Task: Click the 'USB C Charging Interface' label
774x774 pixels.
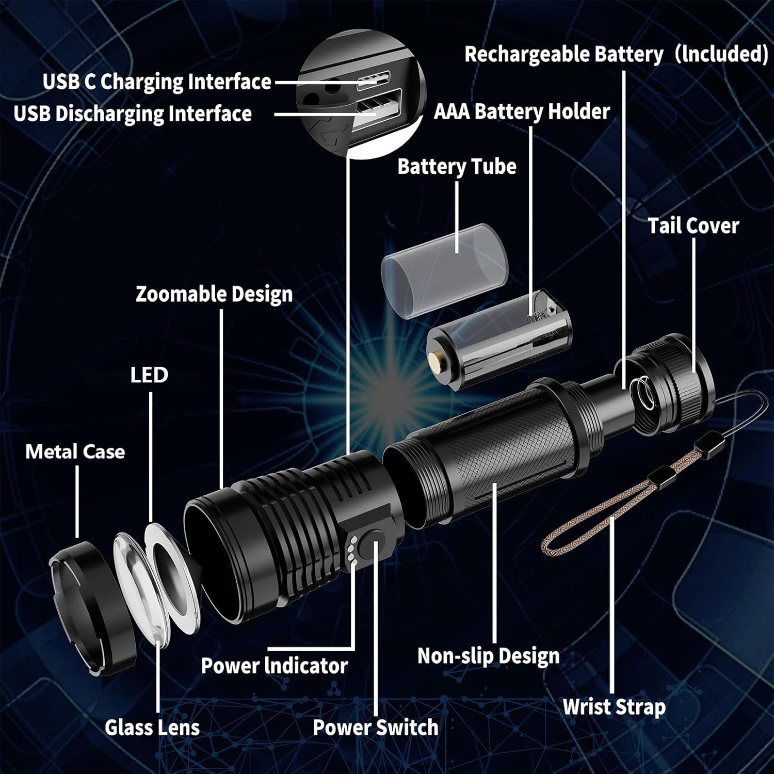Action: (x=157, y=82)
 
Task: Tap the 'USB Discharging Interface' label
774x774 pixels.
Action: (x=133, y=114)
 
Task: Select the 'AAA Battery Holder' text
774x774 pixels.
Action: (x=522, y=111)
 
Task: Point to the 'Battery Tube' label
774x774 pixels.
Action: (x=457, y=167)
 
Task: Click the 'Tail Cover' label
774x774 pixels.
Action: (x=693, y=226)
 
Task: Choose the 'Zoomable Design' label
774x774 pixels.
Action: (x=214, y=294)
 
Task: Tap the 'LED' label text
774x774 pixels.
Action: (x=149, y=375)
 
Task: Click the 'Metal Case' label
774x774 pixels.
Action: (x=75, y=452)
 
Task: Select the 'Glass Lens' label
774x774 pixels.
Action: (x=152, y=728)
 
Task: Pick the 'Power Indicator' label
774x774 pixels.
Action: (x=274, y=666)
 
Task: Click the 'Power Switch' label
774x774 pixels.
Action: (x=376, y=728)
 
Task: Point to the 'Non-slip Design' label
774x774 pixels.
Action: (x=488, y=656)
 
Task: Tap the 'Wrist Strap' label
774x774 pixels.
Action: (x=614, y=707)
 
